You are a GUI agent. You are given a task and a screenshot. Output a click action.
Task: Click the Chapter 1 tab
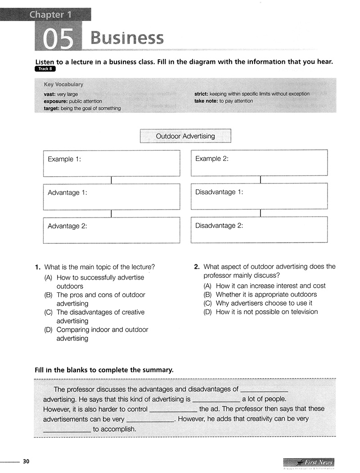tap(50, 14)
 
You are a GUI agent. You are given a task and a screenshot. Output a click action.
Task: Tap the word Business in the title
tap(127, 38)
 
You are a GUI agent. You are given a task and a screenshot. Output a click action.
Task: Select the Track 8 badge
tap(45, 69)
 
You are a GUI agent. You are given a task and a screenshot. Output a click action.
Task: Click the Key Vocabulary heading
tap(63, 85)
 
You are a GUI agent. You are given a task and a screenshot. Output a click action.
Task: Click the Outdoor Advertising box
tap(185, 136)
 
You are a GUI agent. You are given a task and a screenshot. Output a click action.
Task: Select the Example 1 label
tap(64, 159)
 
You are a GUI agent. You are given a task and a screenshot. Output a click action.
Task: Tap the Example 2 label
tap(212, 159)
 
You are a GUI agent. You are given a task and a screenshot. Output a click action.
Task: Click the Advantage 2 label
tap(67, 226)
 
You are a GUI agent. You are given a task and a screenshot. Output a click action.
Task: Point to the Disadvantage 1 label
tap(219, 192)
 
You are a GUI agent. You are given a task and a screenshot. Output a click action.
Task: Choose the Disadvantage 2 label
tap(219, 226)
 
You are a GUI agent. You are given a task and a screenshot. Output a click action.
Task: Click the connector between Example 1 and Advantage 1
tap(111, 180)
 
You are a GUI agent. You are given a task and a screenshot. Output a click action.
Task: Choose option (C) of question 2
tap(207, 303)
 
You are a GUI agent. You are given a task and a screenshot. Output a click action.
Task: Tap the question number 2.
tap(197, 267)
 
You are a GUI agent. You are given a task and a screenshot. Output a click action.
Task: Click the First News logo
tap(309, 463)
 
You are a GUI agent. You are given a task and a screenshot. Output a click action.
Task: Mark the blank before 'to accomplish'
tap(67, 429)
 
